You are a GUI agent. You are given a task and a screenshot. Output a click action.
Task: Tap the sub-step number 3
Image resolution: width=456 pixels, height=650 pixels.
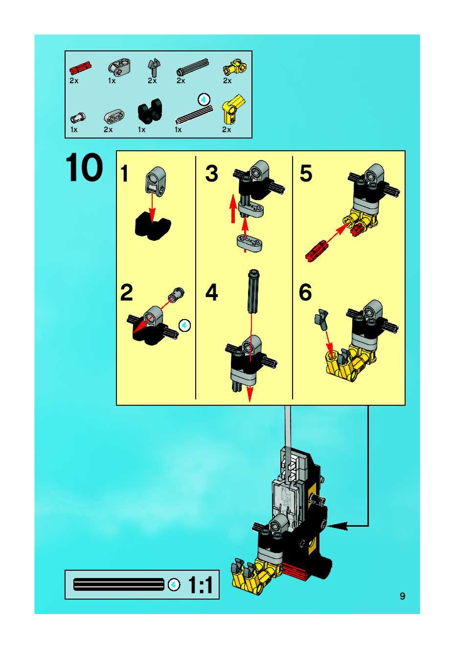pyautogui.click(x=211, y=174)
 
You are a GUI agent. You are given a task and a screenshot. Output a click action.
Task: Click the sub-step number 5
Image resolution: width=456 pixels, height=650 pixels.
pyautogui.click(x=306, y=174)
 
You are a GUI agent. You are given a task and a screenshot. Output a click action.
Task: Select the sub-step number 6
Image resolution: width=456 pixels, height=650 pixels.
pyautogui.click(x=305, y=292)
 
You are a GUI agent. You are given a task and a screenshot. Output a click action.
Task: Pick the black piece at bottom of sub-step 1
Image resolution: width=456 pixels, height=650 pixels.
pyautogui.click(x=153, y=226)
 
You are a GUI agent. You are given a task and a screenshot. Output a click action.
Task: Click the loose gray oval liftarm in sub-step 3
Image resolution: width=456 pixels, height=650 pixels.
pyautogui.click(x=249, y=242)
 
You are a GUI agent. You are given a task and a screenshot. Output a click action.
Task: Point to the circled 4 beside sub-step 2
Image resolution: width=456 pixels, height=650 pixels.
pyautogui.click(x=184, y=325)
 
